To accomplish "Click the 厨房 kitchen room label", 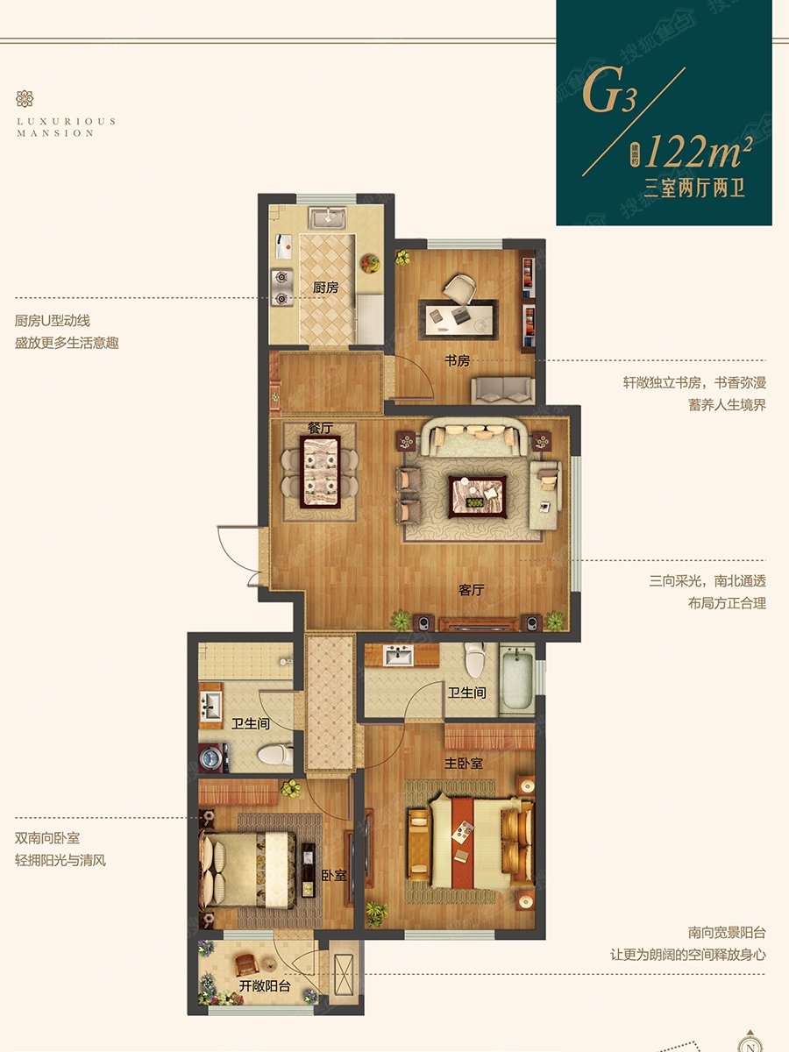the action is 325,288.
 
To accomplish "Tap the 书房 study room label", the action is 457,360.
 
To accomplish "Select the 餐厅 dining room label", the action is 320,428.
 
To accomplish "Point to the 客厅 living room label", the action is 472,590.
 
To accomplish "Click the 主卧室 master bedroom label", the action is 464,763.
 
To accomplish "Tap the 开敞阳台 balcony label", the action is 265,986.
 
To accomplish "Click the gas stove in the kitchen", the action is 282,288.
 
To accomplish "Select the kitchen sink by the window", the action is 328,218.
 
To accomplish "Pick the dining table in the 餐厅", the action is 320,472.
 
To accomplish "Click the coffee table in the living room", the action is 477,496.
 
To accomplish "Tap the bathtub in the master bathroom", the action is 517,679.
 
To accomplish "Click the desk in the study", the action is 458,320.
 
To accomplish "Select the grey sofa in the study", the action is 502,391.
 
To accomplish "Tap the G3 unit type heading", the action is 609,90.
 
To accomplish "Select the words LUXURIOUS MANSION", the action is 66,127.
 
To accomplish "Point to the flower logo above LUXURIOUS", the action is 25,99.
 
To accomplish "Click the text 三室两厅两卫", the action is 694,188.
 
